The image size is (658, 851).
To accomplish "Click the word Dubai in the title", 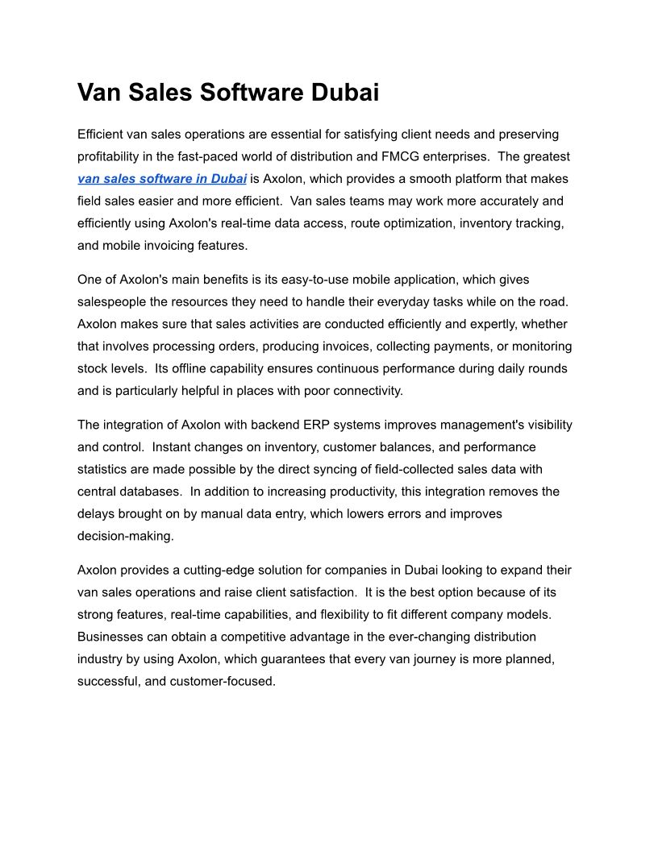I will [344, 93].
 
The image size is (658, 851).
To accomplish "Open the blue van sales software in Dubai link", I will [162, 179].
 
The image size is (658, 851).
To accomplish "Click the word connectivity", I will [365, 391].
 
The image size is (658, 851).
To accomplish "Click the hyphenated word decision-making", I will [125, 536].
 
